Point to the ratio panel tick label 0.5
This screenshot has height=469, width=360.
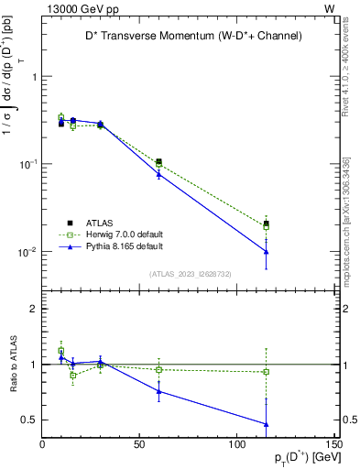(29, 420)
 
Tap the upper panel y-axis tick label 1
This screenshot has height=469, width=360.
(34, 77)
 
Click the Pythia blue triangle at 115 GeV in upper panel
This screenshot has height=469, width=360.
(266, 252)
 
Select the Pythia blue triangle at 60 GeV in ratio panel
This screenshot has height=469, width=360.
(158, 391)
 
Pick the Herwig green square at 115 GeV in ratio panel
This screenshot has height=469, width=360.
(266, 372)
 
